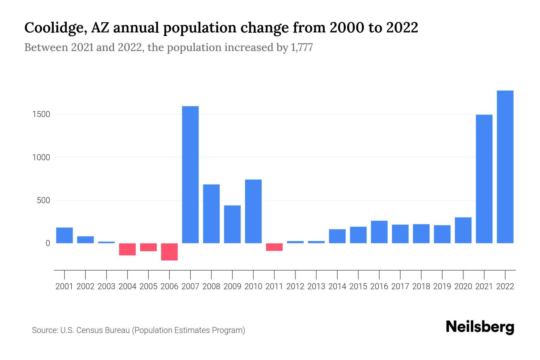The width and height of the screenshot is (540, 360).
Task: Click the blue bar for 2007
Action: [190, 175]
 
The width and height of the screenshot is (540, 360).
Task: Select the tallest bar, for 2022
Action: [505, 167]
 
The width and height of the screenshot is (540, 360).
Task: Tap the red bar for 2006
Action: [169, 252]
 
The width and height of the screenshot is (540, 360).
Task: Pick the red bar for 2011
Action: [274, 247]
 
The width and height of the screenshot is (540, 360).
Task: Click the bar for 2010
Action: [253, 211]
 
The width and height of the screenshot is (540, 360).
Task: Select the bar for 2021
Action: [484, 179]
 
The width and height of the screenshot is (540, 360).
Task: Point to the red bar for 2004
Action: [127, 249]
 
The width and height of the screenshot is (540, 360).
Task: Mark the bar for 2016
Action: [379, 232]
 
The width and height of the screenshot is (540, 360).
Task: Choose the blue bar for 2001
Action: [64, 235]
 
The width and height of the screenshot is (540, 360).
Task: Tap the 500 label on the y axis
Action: [43, 200]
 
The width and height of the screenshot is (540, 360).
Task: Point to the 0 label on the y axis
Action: [48, 243]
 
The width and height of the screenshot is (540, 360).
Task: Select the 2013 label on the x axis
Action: [316, 286]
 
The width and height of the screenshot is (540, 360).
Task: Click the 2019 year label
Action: [442, 286]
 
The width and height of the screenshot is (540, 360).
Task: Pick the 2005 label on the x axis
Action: [148, 286]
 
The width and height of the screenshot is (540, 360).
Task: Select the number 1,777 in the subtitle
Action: [302, 47]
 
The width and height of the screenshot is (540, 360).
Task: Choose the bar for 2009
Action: [232, 224]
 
